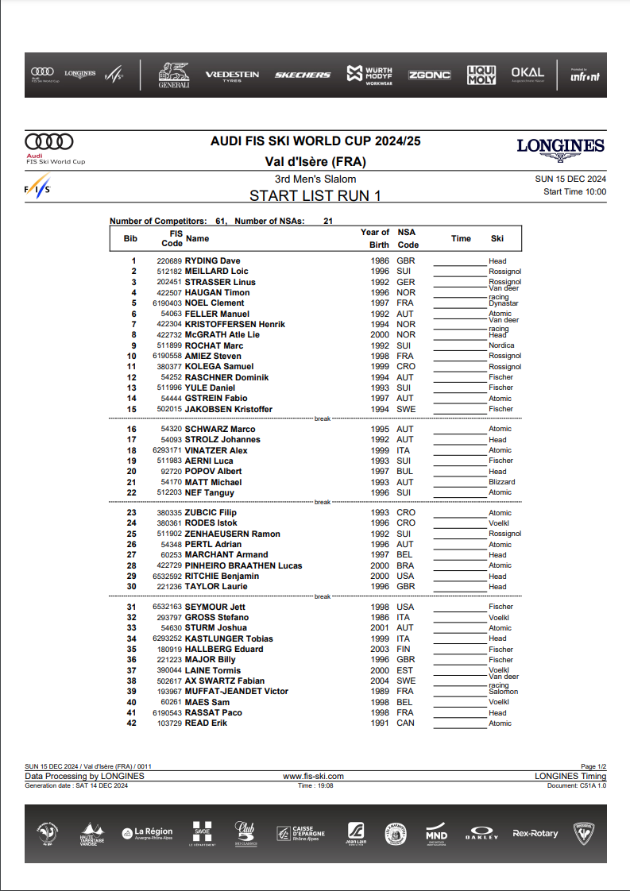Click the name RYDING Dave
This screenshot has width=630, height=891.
tap(212, 260)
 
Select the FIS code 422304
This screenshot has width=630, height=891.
tap(169, 324)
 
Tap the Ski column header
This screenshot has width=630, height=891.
tap(497, 238)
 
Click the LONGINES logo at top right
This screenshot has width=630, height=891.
tap(560, 146)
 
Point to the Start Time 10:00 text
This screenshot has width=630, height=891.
tap(574, 191)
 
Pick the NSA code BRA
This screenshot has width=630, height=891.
tap(405, 565)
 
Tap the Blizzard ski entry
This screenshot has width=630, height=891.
tap(501, 482)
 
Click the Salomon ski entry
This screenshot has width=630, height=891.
tap(503, 692)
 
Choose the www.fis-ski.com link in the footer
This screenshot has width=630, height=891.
tap(313, 776)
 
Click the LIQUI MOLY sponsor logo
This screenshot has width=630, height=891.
tap(481, 75)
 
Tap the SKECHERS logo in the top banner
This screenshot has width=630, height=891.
tap(302, 75)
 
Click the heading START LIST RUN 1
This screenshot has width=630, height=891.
tap(315, 195)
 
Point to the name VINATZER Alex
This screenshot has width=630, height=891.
tap(216, 450)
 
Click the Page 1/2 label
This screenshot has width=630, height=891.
tap(593, 767)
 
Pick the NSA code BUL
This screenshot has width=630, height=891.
tap(405, 471)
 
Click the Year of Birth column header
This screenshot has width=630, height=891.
tap(375, 238)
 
